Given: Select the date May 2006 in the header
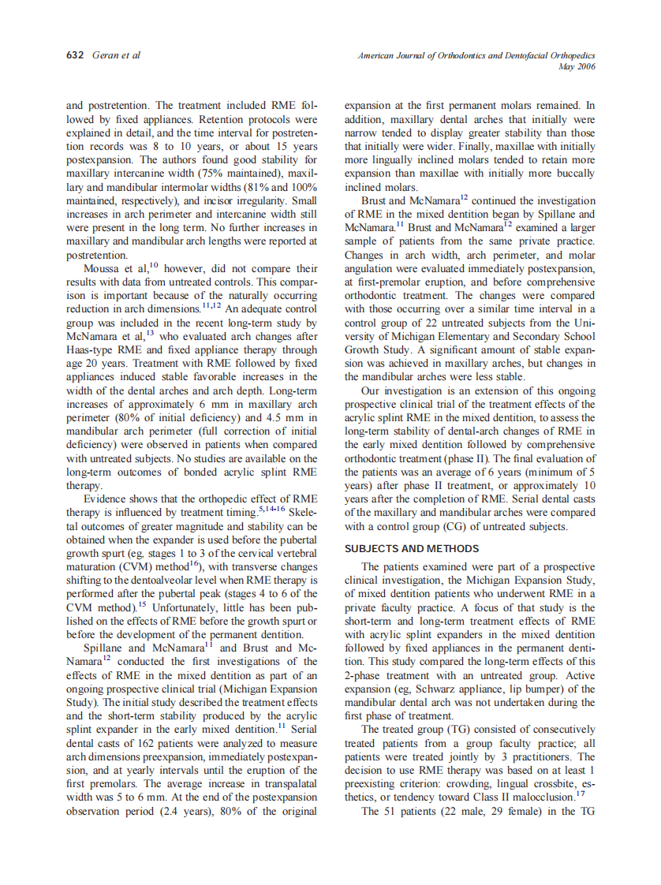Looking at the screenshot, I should pyautogui.click(x=576, y=67).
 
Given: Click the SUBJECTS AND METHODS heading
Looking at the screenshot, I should pyautogui.click(x=412, y=548).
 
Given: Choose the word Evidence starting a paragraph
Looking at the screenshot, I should pyautogui.click(x=109, y=499).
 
